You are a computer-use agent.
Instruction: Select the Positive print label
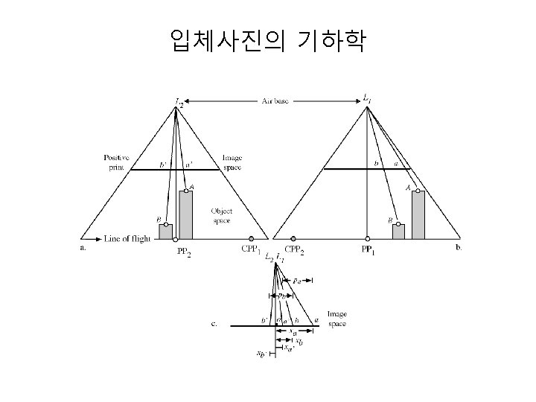[x=116, y=162]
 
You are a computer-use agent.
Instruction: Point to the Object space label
[x=222, y=215]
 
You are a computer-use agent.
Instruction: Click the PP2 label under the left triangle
[x=184, y=252]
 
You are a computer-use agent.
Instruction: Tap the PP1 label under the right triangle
[x=368, y=250]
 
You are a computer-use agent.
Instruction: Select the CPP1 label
[x=250, y=249]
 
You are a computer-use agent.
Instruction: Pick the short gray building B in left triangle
[x=165, y=232]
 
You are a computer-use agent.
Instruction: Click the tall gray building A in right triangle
[x=418, y=215]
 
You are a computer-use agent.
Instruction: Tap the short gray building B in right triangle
[x=399, y=232]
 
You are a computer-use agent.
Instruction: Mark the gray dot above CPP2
[x=293, y=240]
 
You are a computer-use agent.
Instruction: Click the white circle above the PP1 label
[x=368, y=240]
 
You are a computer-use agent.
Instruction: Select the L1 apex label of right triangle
[x=368, y=99]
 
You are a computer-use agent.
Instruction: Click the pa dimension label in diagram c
[x=297, y=281]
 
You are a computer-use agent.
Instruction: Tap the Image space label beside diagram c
[x=338, y=319]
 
